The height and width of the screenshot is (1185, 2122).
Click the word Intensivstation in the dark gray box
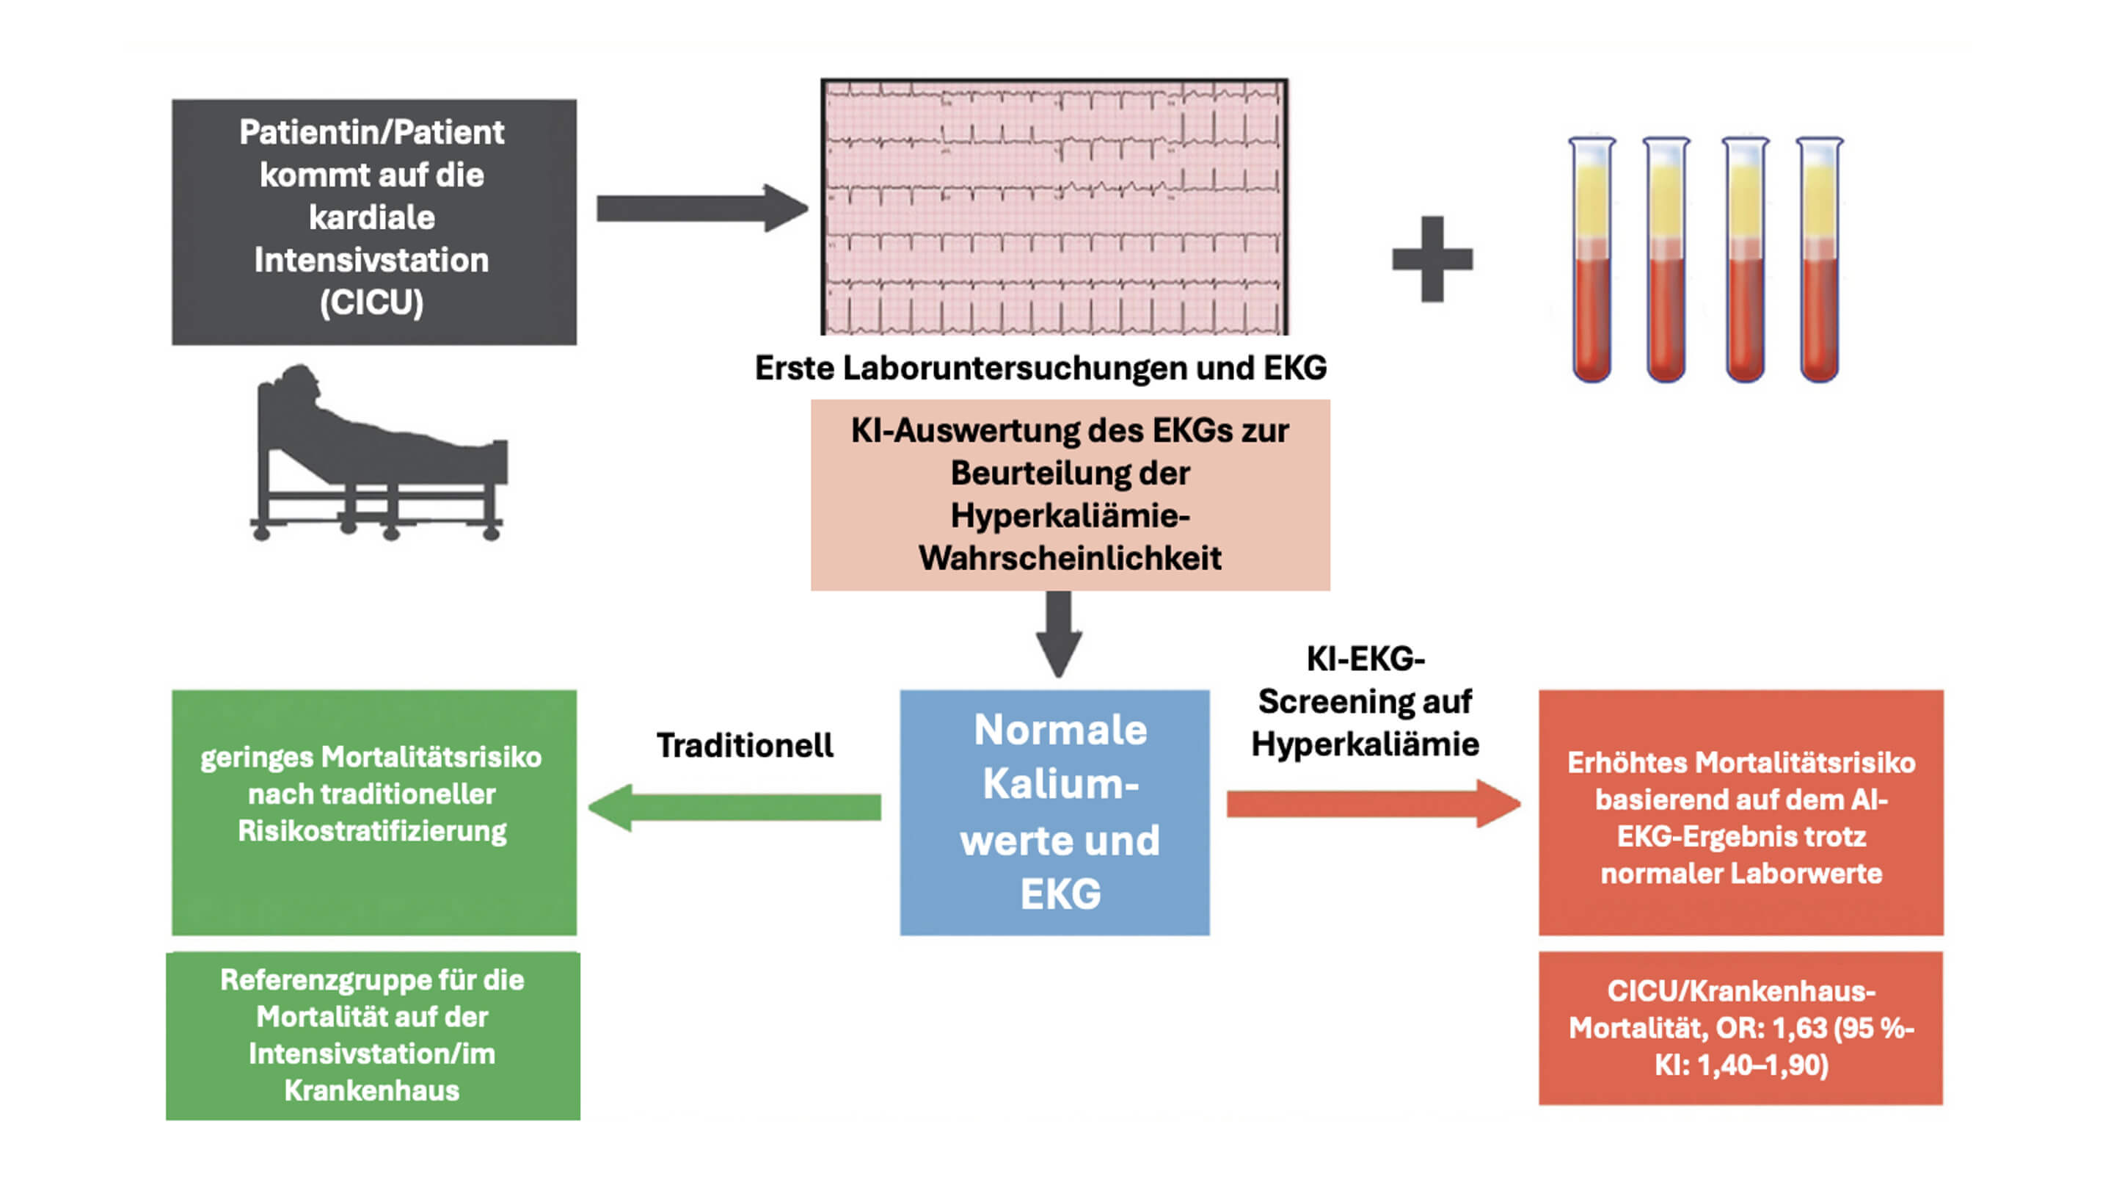click(x=371, y=261)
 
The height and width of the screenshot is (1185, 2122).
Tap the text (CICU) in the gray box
click(x=371, y=302)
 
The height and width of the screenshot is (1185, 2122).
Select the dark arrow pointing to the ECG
click(x=701, y=208)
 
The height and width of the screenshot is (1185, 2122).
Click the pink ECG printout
click(x=1054, y=206)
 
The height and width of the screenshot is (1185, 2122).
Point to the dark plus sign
click(x=1432, y=258)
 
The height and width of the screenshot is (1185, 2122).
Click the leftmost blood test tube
click(x=1591, y=261)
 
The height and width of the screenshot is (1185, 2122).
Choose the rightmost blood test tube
click(x=1819, y=261)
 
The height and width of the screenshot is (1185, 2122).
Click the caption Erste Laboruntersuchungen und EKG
click(x=1040, y=369)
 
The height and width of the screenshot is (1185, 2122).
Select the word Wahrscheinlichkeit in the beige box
click(x=1070, y=559)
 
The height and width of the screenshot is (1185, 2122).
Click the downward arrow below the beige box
click(x=1060, y=634)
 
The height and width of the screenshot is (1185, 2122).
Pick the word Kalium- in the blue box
click(x=1060, y=783)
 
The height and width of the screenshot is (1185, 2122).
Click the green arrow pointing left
click(x=733, y=807)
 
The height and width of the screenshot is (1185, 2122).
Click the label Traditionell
click(x=745, y=745)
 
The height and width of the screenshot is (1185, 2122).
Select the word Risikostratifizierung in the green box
click(x=372, y=830)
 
